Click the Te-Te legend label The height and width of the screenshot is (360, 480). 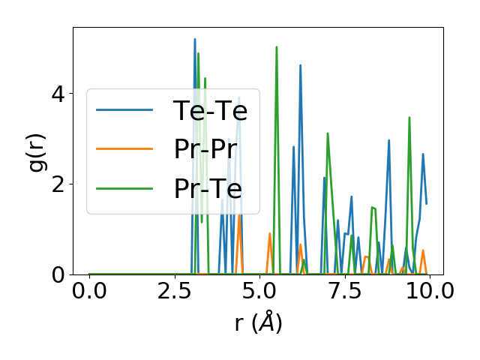(210, 111)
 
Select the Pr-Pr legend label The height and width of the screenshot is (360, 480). (208, 150)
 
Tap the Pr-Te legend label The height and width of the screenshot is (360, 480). (208, 189)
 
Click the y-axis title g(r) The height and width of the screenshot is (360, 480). (37, 151)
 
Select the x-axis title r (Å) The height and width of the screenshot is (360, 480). (258, 323)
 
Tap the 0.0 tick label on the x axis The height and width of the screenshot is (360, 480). (89, 291)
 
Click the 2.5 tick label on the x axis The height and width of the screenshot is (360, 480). (175, 291)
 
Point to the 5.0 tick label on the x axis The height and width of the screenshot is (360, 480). (259, 291)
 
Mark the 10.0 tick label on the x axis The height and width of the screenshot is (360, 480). (425, 291)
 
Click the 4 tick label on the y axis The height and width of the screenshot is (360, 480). (58, 94)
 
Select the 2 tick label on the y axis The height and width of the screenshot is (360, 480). (58, 184)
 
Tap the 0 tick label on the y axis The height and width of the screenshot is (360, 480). (58, 275)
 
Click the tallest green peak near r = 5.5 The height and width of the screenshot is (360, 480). (277, 46)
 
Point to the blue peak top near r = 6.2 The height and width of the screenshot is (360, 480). (301, 65)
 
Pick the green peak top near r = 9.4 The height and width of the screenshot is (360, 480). (409, 117)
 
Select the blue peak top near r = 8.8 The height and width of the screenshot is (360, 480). (389, 140)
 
